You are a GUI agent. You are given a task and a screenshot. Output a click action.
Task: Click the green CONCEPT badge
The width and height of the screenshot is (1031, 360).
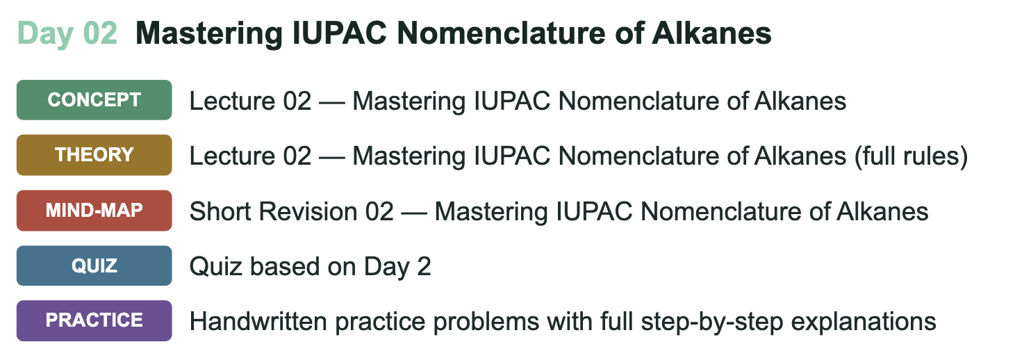pos(94,100)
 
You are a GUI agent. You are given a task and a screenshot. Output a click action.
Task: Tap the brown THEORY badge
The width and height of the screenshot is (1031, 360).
pos(94,155)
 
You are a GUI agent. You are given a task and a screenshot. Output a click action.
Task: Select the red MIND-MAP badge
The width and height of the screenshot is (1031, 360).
pos(94,211)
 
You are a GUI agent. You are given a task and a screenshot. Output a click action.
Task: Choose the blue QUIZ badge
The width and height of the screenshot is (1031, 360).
pos(94,265)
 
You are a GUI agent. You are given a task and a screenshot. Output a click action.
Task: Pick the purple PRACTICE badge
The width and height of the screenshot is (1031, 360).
pos(94,321)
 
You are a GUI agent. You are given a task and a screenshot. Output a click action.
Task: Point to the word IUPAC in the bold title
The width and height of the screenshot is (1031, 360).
pos(340,33)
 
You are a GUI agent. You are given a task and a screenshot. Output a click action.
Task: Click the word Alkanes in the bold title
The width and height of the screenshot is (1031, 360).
pos(711,33)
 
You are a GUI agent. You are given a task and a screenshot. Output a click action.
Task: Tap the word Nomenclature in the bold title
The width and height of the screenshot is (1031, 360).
pos(501,33)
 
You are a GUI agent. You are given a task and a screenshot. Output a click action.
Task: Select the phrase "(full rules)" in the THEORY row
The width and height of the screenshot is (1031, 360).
pos(912,156)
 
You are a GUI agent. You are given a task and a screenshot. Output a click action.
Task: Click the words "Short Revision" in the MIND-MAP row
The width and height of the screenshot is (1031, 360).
pos(274,212)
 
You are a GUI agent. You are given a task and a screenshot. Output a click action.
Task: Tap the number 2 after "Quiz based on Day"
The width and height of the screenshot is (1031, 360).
pos(424,267)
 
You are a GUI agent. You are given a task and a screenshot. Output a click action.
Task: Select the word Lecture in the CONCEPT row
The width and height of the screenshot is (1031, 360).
pos(232,101)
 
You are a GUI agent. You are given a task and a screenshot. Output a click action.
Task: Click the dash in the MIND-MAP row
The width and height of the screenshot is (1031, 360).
pos(414,213)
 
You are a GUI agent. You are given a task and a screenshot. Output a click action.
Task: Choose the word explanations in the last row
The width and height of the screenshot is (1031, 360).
pos(864,322)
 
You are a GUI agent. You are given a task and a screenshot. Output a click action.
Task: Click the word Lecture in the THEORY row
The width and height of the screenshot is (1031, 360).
pos(232,156)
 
